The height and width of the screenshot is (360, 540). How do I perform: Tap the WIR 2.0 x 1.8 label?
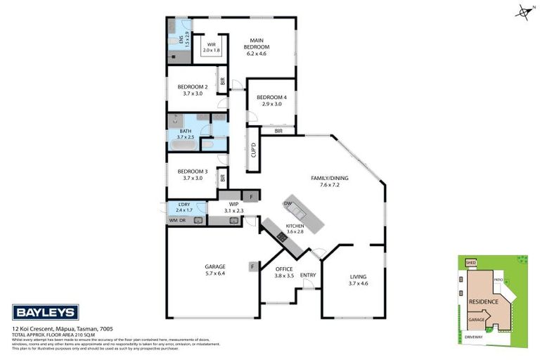pyautogui.click(x=211, y=48)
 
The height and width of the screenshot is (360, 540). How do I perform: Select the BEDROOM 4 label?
pyautogui.click(x=271, y=100)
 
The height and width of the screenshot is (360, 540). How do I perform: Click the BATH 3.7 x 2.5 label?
pyautogui.click(x=185, y=134)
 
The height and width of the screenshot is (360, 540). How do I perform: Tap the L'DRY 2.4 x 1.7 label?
pyautogui.click(x=183, y=207)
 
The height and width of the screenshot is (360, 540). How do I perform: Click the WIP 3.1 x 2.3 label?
pyautogui.click(x=234, y=207)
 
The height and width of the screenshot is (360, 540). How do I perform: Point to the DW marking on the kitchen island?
pyautogui.click(x=289, y=203)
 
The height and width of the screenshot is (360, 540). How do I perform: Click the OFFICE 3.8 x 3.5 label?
pyautogui.click(x=283, y=271)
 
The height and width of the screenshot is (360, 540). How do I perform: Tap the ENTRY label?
pyautogui.click(x=308, y=275)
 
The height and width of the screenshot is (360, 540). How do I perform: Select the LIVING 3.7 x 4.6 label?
pyautogui.click(x=359, y=280)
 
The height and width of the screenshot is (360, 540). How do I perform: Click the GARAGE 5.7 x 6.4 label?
pyautogui.click(x=214, y=270)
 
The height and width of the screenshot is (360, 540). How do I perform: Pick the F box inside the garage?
pyautogui.click(x=252, y=266)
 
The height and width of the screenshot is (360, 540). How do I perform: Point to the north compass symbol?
pyautogui.click(x=524, y=11)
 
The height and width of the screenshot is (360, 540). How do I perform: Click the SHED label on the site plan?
pyautogui.click(x=471, y=263)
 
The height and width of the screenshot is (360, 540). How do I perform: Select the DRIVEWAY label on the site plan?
pyautogui.click(x=473, y=337)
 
